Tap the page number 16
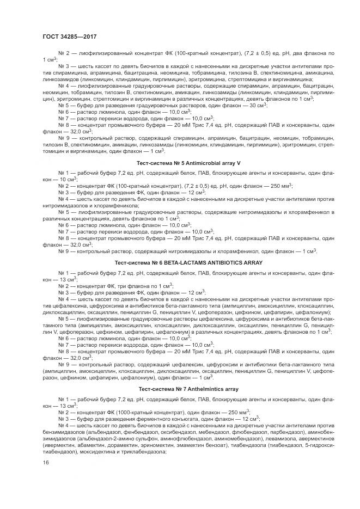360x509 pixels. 45,462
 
